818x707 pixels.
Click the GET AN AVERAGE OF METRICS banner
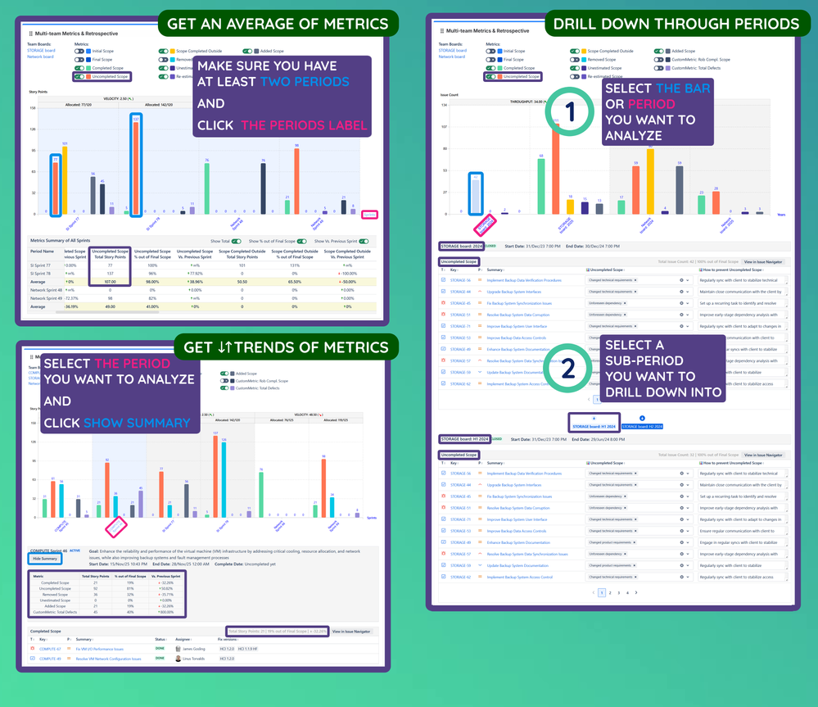(x=278, y=24)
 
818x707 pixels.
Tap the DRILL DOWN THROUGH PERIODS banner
(x=676, y=24)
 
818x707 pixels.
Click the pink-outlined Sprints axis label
(x=370, y=215)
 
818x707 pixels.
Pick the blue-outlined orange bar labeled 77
(x=56, y=184)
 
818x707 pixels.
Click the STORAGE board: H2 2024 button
(x=641, y=426)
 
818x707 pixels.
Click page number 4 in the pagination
(x=626, y=592)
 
